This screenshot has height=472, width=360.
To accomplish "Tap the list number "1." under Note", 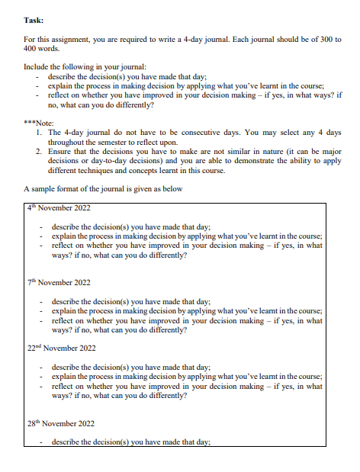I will coord(39,132).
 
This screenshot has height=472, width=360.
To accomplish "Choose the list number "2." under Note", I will coord(39,151).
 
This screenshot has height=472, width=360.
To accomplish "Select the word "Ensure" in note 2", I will coord(60,151).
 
